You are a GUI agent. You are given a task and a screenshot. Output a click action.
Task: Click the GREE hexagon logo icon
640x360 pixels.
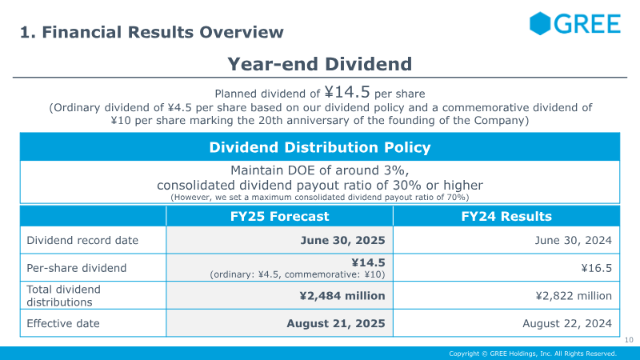pyautogui.click(x=541, y=23)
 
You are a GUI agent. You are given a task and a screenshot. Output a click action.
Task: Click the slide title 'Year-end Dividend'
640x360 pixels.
pyautogui.click(x=320, y=63)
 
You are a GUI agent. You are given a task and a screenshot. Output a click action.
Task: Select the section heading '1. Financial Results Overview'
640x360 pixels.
pyautogui.click(x=152, y=32)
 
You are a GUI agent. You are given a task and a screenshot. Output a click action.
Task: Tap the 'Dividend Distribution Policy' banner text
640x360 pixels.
pyautogui.click(x=320, y=147)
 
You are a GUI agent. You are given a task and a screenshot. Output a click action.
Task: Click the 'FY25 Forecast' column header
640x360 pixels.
pyautogui.click(x=279, y=216)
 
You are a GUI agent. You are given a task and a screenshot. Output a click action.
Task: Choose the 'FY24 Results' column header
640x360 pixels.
pyautogui.click(x=506, y=216)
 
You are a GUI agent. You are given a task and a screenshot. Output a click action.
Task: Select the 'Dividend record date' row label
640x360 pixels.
pyautogui.click(x=82, y=240)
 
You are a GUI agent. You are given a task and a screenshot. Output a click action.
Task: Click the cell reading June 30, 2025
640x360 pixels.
pyautogui.click(x=343, y=240)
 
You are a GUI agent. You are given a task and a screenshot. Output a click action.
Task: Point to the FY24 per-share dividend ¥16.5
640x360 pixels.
pyautogui.click(x=596, y=268)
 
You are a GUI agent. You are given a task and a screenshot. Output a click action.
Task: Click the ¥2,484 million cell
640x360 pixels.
pyautogui.click(x=342, y=295)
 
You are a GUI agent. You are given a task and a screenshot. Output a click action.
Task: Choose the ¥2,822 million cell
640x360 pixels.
pyautogui.click(x=574, y=295)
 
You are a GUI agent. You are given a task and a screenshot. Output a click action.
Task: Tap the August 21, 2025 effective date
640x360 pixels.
pyautogui.click(x=336, y=323)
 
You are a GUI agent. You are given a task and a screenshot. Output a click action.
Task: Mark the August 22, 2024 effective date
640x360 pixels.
pyautogui.click(x=567, y=323)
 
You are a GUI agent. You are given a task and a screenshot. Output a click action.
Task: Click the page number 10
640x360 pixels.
pyautogui.click(x=628, y=341)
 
